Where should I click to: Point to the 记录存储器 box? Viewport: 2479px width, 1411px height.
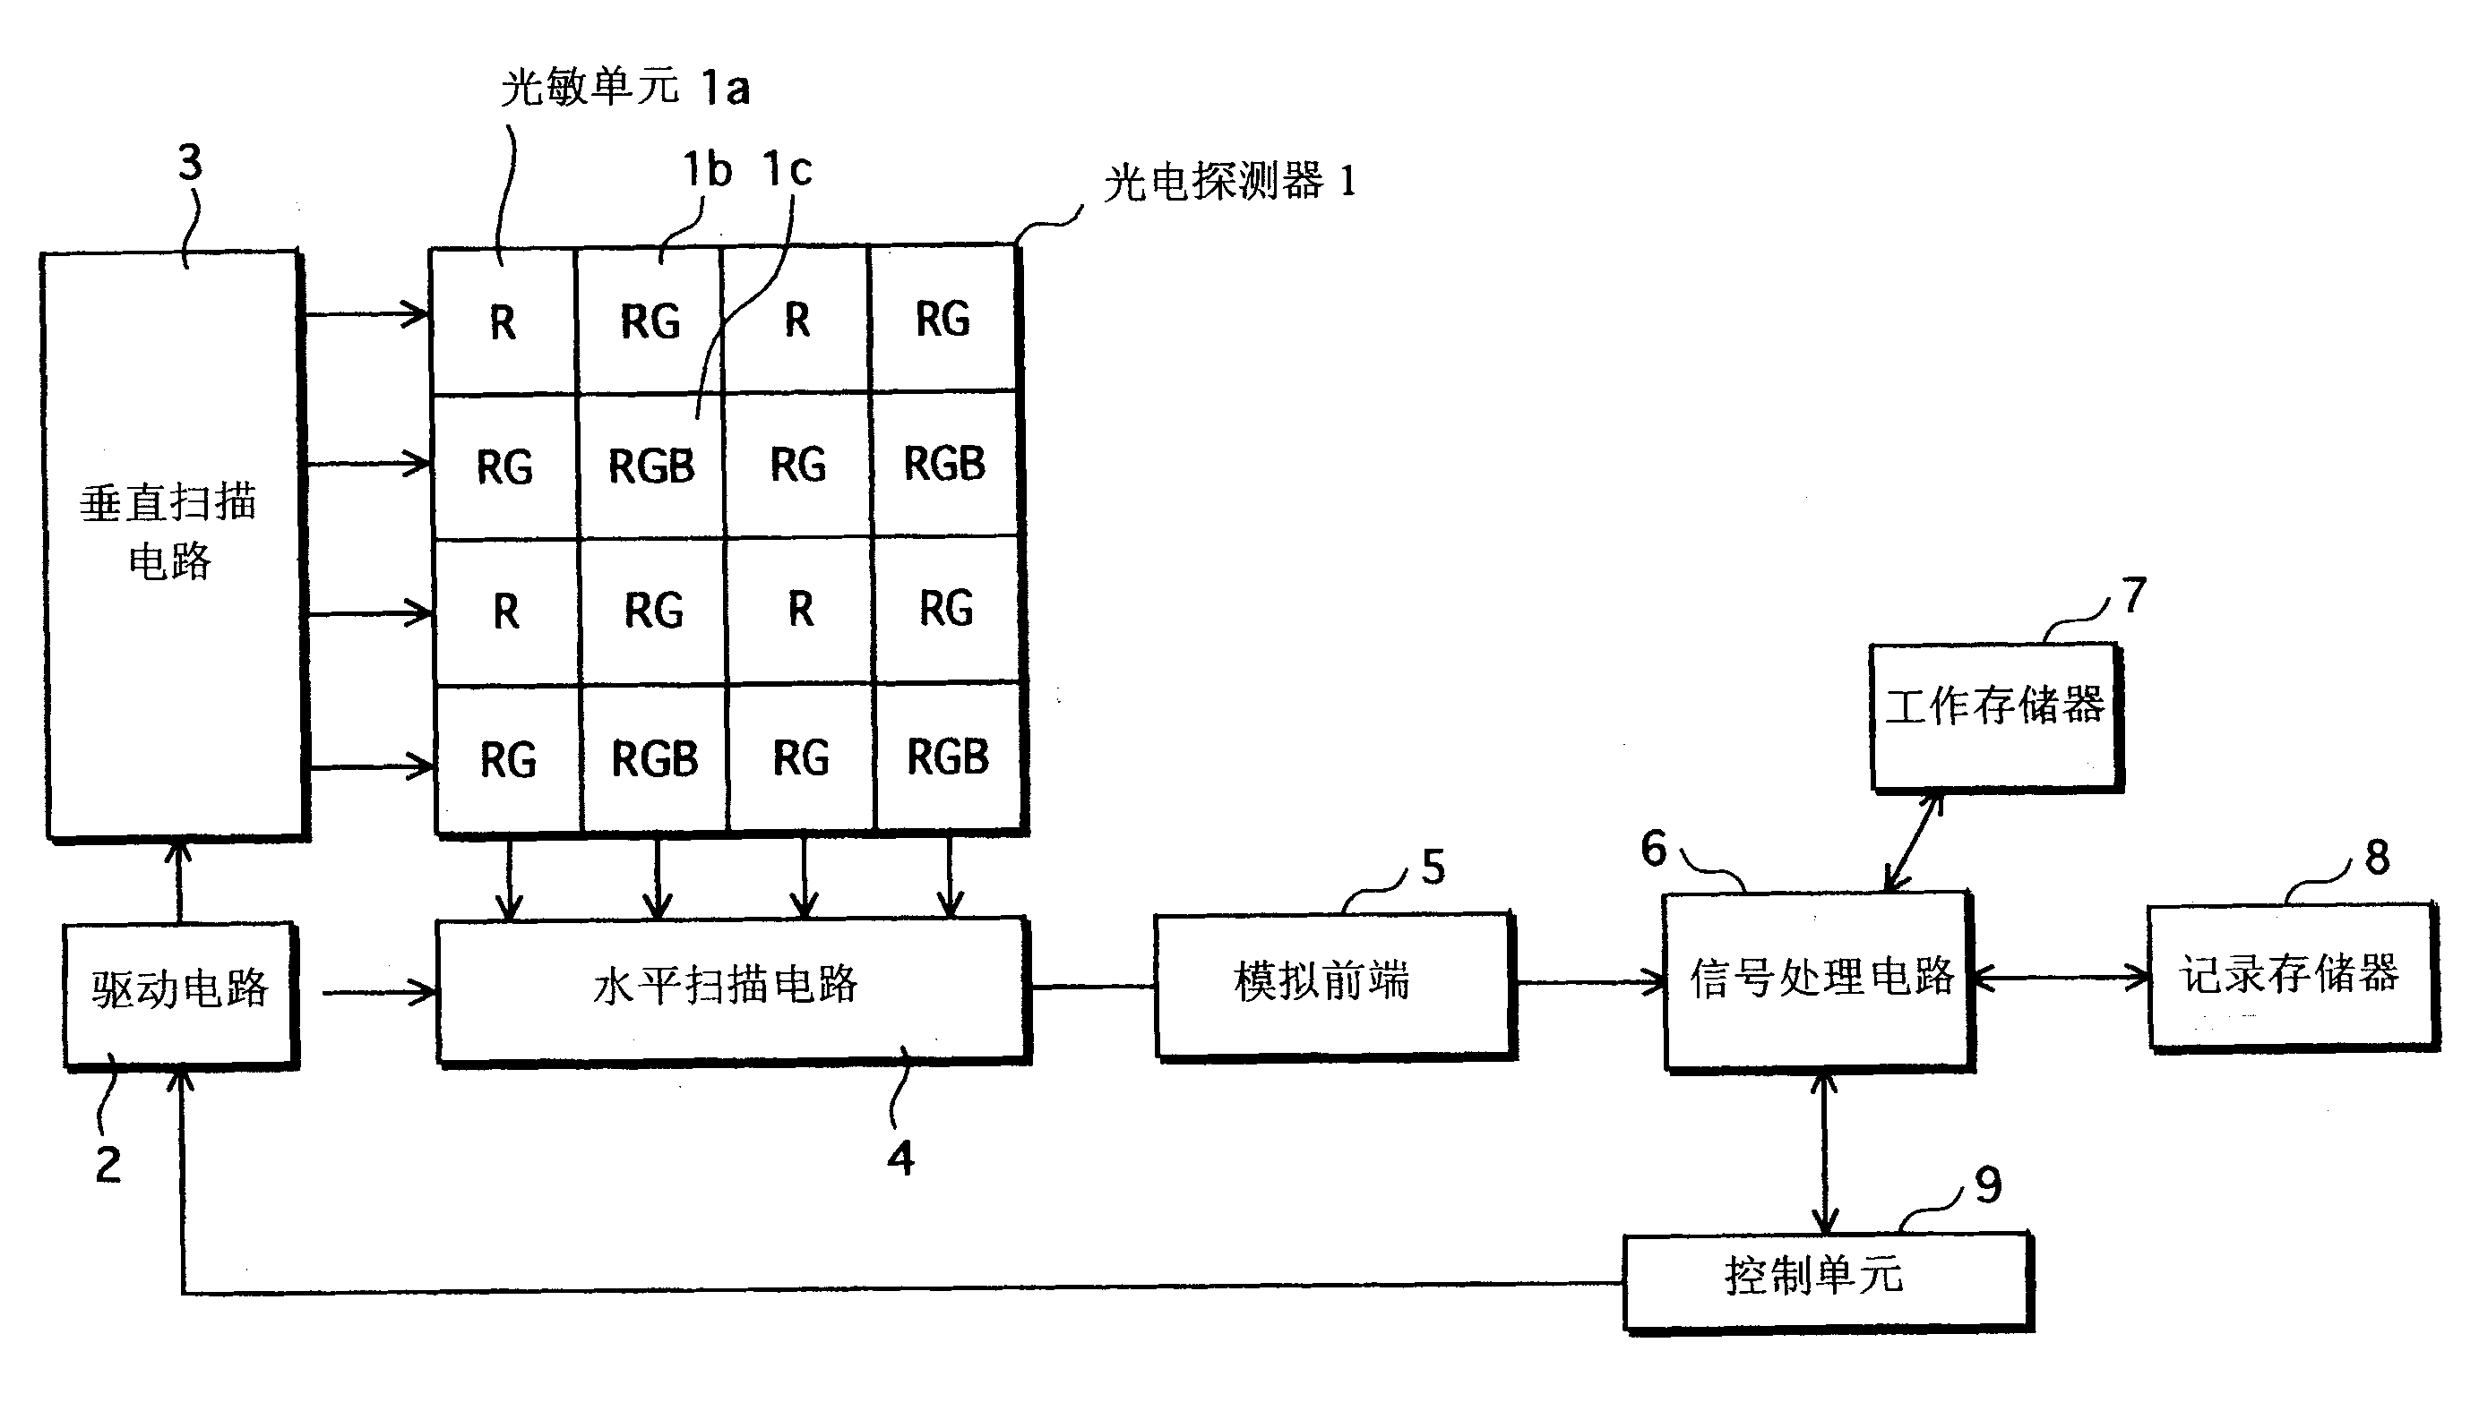coord(2290,976)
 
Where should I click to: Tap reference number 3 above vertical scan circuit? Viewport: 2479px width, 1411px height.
coord(190,163)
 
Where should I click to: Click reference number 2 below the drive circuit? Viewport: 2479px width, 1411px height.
coord(108,1164)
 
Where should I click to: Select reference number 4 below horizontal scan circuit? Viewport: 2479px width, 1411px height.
coord(900,1158)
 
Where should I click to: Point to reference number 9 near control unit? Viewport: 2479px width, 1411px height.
coord(1987,1185)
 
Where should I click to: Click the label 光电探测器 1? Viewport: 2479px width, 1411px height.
coord(1229,182)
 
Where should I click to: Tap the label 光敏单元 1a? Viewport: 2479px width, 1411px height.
coord(625,88)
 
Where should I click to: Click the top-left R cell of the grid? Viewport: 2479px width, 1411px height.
coord(503,322)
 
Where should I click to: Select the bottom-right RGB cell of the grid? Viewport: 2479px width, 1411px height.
coord(947,757)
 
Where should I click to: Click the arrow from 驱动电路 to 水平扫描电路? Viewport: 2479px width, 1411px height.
coord(378,992)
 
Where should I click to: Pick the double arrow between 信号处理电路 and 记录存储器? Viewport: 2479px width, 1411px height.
coord(2062,978)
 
